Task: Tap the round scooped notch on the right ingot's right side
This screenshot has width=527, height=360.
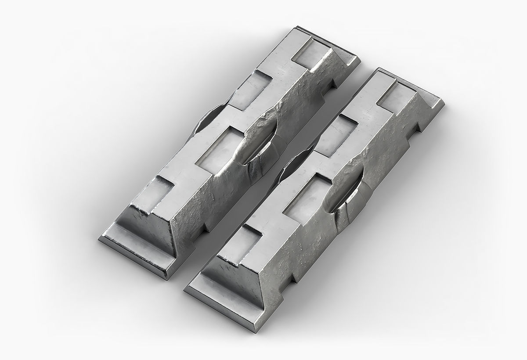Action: tap(349, 193)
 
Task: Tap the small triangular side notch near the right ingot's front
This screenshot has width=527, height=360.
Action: tap(290, 277)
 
